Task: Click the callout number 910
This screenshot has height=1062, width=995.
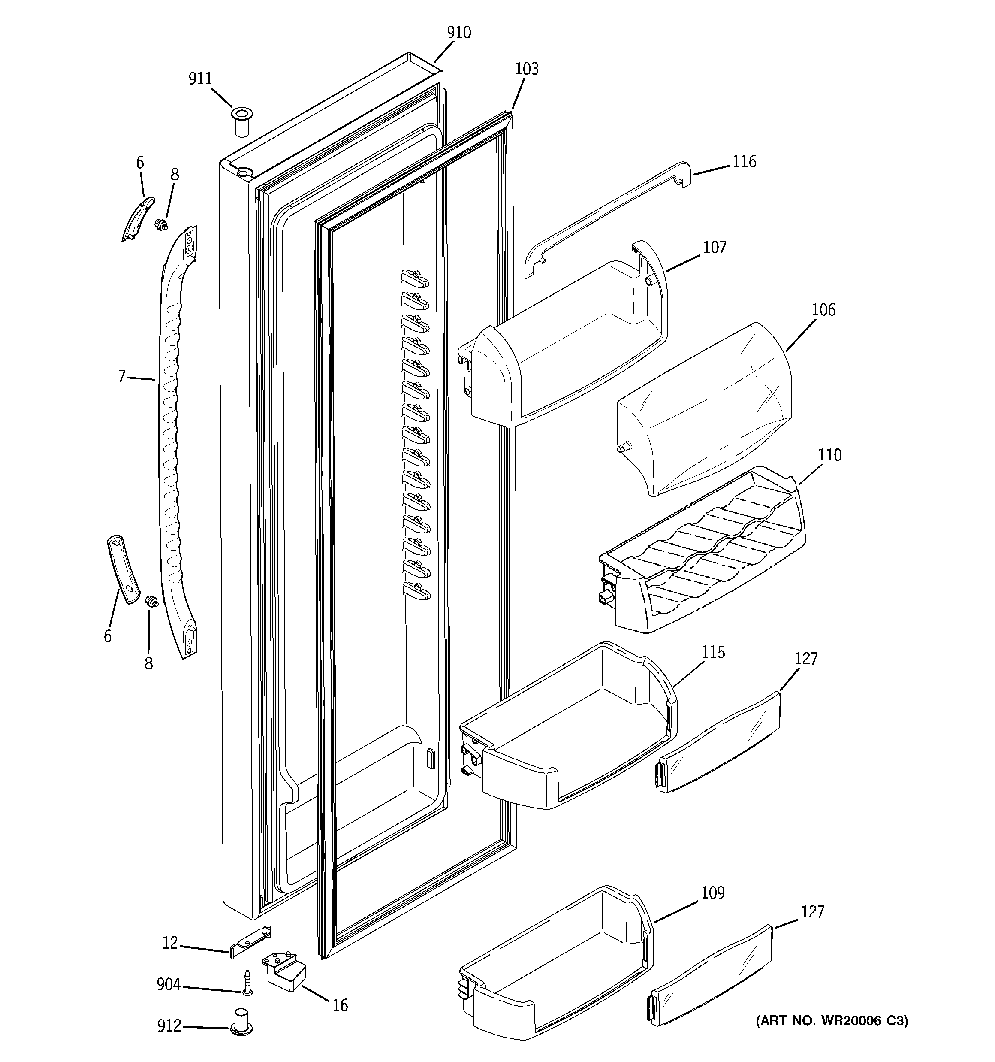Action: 459,33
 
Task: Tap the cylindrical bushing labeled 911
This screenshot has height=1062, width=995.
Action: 241,121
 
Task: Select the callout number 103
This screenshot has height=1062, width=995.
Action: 527,69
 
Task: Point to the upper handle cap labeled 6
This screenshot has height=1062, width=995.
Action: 138,218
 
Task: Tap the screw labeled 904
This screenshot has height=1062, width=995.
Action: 247,983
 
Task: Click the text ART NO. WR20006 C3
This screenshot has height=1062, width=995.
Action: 831,1021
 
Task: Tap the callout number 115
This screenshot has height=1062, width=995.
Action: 713,652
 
